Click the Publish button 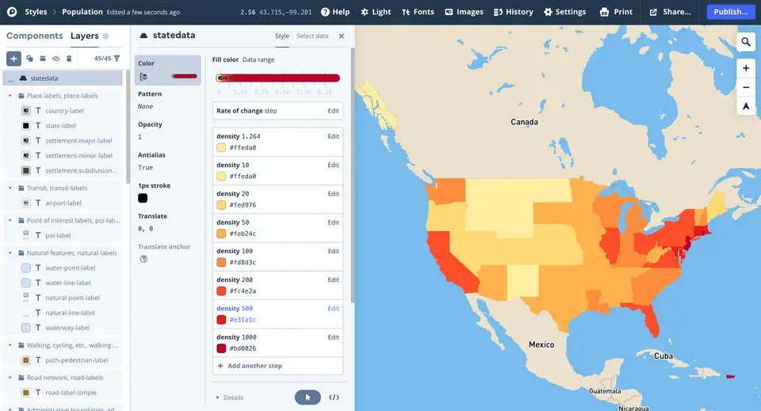[x=730, y=12]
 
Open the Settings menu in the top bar [x=564, y=12]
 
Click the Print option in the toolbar [x=616, y=12]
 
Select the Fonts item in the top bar [x=418, y=12]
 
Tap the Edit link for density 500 [x=334, y=308]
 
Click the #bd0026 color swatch [x=222, y=348]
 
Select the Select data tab [x=312, y=36]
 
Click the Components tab [x=34, y=36]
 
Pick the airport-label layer [x=63, y=203]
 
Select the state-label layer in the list [x=60, y=125]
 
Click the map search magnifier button [x=746, y=42]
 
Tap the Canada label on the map [x=524, y=122]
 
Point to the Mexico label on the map [x=541, y=344]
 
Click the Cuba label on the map [x=663, y=356]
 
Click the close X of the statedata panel [x=342, y=36]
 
